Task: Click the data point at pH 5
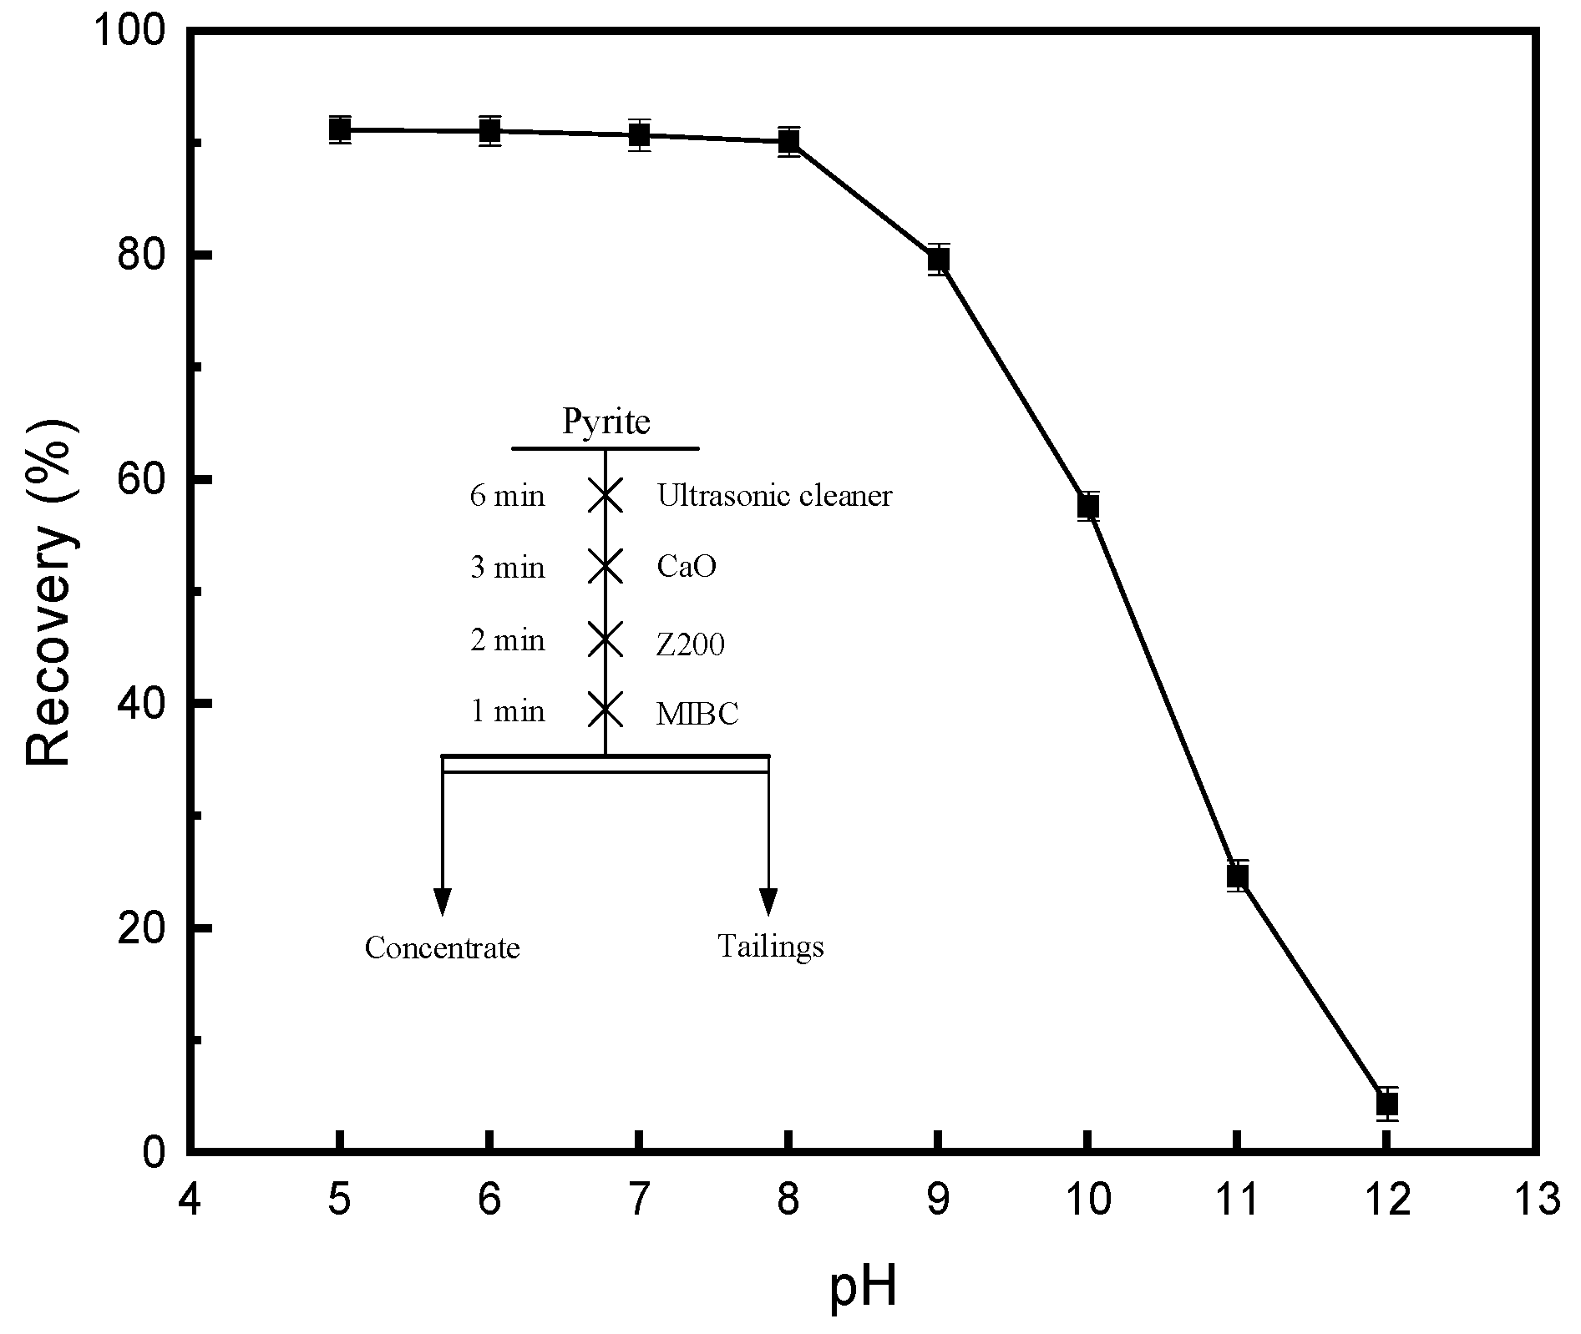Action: point(339,129)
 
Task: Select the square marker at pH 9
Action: point(938,260)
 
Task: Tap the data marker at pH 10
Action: point(1087,506)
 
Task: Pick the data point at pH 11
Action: point(1237,876)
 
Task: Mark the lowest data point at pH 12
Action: point(1386,1104)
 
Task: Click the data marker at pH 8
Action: point(788,141)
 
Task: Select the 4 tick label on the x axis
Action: point(190,1200)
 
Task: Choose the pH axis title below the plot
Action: point(863,1287)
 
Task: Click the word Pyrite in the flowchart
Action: point(606,422)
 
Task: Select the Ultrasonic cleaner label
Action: point(774,496)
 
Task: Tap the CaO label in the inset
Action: point(687,568)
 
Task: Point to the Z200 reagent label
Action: point(690,644)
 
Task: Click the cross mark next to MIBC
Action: point(606,710)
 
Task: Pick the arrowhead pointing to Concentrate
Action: point(442,902)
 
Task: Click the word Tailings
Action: point(770,947)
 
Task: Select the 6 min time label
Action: point(507,497)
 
